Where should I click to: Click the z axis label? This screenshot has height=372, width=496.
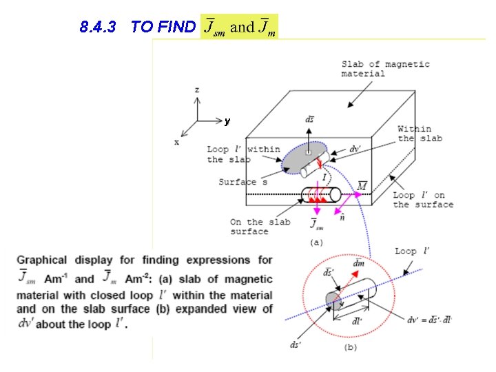pos(197,90)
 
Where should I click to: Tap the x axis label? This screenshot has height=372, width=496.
pos(176,142)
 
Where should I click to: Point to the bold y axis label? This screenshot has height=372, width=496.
pos(227,121)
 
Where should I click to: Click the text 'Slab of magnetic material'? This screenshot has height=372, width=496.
pos(385,69)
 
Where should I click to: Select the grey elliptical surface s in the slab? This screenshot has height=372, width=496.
pos(304,158)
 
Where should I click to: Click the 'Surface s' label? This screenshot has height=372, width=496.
pos(238,182)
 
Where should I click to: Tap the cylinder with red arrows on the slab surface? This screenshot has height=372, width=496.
pos(321,195)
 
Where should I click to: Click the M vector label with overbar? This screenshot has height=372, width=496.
pos(362,185)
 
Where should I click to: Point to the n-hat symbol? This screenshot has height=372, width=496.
pos(342,218)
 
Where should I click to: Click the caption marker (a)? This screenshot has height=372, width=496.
pos(316,242)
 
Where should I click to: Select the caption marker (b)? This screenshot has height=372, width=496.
pos(350,347)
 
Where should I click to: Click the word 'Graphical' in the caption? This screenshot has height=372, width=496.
pos(42,260)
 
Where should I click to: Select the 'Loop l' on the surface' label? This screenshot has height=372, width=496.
pos(423,200)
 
